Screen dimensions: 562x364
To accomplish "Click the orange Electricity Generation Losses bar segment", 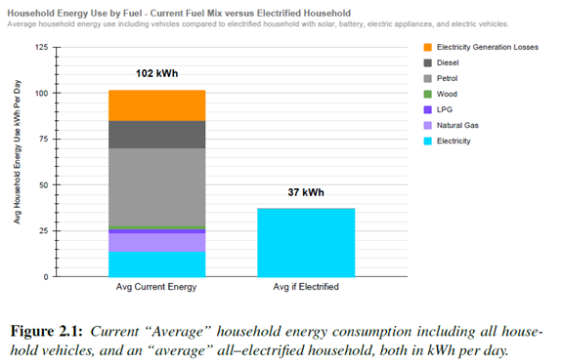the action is coord(157,105).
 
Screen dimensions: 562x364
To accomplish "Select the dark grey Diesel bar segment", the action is coord(157,135).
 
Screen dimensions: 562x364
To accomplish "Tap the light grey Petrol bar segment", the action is coord(157,187).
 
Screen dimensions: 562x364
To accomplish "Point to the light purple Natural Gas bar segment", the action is coord(157,242).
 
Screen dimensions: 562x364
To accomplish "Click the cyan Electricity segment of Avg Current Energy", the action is coord(157,264).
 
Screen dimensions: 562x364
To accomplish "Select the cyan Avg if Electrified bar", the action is coord(306,242).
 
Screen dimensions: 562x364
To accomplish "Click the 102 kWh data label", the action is coord(156,73).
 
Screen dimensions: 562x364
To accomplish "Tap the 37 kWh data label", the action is coord(306,192).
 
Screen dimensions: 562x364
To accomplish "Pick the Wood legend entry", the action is coord(441,94).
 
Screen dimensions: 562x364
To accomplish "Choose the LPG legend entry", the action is coord(438,109).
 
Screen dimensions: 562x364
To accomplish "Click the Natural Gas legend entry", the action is coord(452,125).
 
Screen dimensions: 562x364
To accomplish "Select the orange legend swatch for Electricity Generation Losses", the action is coord(427,47).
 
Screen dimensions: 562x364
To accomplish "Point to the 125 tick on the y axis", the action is coord(42,47).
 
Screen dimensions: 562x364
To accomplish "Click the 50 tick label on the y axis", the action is coord(44,185).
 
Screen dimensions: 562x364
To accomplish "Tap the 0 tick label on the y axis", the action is coord(46,277).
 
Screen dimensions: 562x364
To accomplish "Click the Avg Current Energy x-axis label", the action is coord(156,287).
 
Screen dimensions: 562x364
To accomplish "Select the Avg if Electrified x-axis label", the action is coord(306,287).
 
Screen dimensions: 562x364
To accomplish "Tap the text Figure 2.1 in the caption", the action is coord(47,331).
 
